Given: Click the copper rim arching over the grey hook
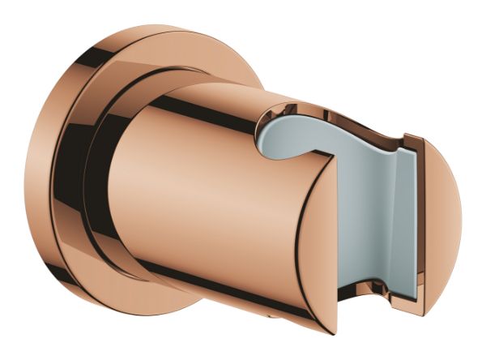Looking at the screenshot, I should [x=292, y=109].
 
